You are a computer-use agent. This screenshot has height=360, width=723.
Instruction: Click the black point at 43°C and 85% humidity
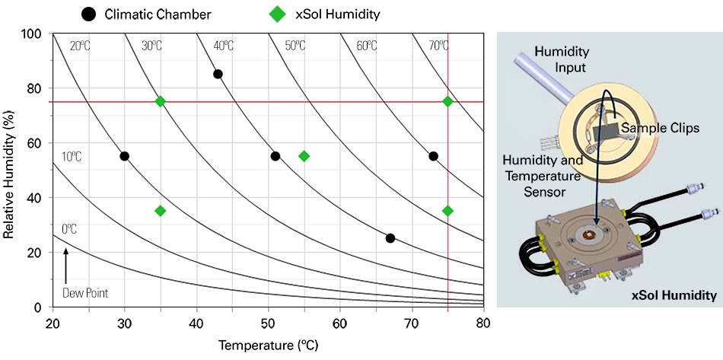pyautogui.click(x=218, y=74)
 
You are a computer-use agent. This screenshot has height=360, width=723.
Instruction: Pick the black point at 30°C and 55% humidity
pyautogui.click(x=125, y=156)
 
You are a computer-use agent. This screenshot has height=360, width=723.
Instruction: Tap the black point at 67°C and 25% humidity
pyautogui.click(x=390, y=238)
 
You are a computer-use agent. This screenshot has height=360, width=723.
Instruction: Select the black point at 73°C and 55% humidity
pyautogui.click(x=433, y=156)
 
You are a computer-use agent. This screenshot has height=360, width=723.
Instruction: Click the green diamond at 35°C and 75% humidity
pyautogui.click(x=161, y=101)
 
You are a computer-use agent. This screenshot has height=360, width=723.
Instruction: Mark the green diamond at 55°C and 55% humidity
pyautogui.click(x=304, y=156)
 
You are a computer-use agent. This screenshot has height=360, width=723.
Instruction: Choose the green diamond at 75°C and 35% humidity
pyautogui.click(x=447, y=211)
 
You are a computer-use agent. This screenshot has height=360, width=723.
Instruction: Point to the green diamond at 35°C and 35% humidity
pyautogui.click(x=161, y=211)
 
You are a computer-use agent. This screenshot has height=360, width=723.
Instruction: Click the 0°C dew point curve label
pyautogui.click(x=70, y=228)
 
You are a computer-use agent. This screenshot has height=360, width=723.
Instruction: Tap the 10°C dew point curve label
pyautogui.click(x=72, y=157)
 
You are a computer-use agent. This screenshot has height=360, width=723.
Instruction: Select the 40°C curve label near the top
pyautogui.click(x=223, y=46)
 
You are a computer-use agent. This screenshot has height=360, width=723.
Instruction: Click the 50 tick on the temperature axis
pyautogui.click(x=269, y=323)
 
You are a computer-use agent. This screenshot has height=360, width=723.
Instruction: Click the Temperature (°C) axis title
pyautogui.click(x=268, y=345)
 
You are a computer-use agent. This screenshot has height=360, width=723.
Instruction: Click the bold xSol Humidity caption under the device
pyautogui.click(x=674, y=295)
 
